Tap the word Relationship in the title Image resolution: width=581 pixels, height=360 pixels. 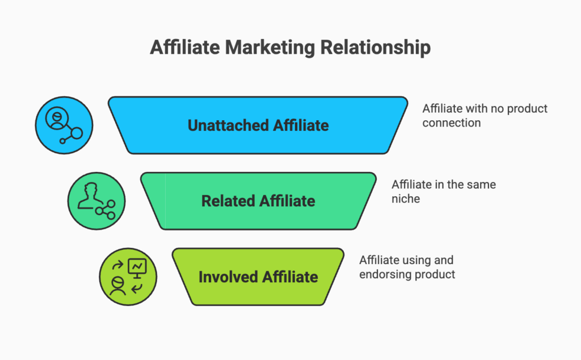coord(375,48)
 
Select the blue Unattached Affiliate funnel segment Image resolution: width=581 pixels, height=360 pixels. coord(258,125)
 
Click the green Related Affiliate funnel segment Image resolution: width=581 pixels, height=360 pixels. coord(258,201)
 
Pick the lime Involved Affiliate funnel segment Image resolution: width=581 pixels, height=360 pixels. coord(258,277)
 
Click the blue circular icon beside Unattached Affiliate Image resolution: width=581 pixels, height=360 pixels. coord(64,125)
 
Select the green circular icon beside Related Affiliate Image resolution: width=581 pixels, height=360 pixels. coord(96,201)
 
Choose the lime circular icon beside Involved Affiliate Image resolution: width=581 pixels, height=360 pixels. coord(128,277)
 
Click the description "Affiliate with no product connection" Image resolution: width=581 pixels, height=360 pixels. coord(485,115)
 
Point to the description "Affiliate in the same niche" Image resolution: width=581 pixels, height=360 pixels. coord(444,192)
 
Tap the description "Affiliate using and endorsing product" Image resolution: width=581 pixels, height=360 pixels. coord(407,268)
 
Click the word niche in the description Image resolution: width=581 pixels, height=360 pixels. coord(406,199)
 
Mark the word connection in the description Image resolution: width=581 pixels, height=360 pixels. coord(451,122)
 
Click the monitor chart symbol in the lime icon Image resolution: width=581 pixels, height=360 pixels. coord(137,266)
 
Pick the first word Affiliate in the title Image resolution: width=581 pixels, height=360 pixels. coord(184,48)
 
